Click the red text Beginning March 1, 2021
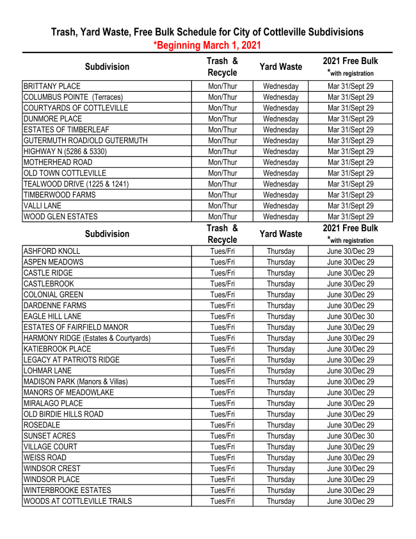point(209,45)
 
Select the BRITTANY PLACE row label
point(52,86)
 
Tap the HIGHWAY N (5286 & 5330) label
point(65,151)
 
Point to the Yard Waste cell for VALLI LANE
point(280,206)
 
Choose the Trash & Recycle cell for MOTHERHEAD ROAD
point(222,162)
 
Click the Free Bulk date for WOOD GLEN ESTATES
point(350,217)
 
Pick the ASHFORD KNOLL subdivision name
point(51,251)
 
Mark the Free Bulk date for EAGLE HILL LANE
point(350,317)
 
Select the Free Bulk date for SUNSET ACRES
point(350,436)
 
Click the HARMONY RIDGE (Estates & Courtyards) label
point(87,338)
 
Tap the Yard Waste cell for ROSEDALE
point(280,425)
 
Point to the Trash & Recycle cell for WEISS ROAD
point(222,458)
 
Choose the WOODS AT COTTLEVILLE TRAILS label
point(77,501)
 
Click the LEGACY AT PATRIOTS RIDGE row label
point(72,360)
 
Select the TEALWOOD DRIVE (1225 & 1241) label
point(76,184)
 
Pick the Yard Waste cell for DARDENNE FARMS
point(280,306)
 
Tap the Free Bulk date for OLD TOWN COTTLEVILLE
point(350,173)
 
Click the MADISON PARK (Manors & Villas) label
point(76,381)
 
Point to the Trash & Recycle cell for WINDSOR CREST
point(222,469)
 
